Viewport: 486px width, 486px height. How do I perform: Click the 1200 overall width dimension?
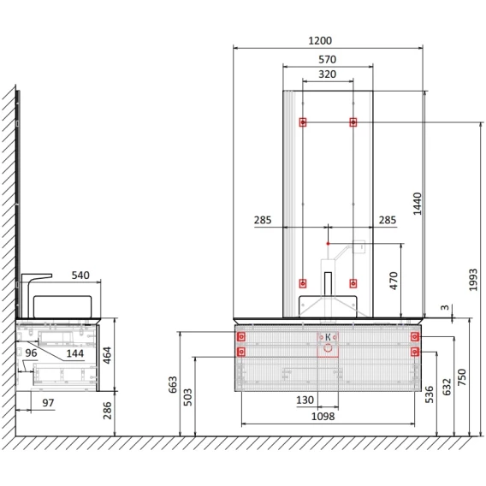320,40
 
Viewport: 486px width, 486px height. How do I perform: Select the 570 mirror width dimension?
328,59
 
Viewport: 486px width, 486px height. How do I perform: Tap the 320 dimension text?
328,74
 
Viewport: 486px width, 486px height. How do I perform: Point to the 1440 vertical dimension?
418,204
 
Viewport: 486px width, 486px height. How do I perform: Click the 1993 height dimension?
473,280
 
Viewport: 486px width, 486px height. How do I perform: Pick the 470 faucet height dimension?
394,281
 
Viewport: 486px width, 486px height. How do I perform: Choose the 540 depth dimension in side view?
80,276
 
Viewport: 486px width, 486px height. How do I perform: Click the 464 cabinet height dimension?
107,355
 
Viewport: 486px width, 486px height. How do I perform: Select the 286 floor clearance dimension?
107,411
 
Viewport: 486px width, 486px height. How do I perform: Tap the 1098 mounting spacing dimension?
323,416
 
